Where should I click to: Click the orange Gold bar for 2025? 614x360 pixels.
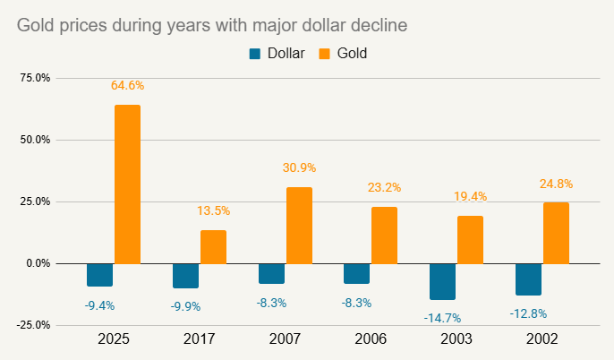click(x=127, y=184)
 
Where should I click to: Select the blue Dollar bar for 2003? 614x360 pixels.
click(x=442, y=281)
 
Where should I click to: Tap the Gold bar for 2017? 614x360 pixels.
click(x=213, y=247)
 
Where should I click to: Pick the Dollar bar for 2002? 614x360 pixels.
click(x=528, y=279)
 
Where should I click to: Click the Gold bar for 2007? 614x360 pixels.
click(x=299, y=226)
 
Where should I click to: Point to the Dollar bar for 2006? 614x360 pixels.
click(x=356, y=273)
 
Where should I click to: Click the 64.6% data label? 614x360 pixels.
click(x=127, y=86)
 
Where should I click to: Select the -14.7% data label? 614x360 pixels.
click(x=442, y=317)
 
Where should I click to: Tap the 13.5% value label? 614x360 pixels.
click(x=213, y=211)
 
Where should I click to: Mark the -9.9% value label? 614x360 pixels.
click(x=185, y=306)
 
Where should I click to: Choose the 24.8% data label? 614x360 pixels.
click(x=556, y=184)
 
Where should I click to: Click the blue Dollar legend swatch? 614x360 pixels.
click(x=255, y=54)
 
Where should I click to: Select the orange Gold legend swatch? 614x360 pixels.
click(x=320, y=54)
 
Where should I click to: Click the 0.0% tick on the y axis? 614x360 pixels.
click(x=38, y=263)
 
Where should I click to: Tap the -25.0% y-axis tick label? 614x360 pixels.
click(x=33, y=325)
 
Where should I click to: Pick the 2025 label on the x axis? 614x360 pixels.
click(x=113, y=340)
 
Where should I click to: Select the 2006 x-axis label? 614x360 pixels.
click(x=371, y=340)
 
